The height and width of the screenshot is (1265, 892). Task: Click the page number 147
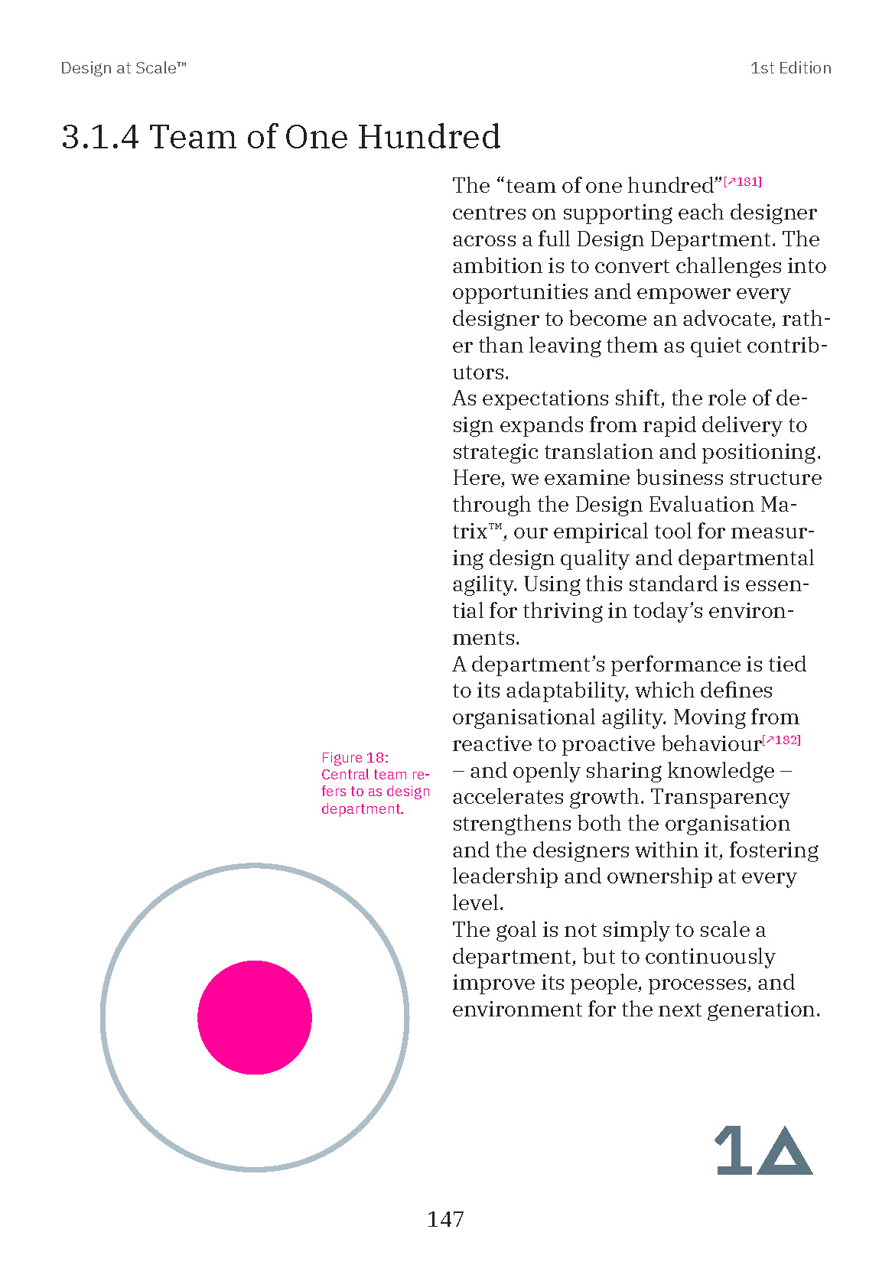(445, 1219)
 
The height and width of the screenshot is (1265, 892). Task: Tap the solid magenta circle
(255, 1017)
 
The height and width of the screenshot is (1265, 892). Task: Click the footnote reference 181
(743, 182)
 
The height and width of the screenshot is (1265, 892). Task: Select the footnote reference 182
(782, 740)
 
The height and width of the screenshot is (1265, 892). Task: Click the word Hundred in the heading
(428, 138)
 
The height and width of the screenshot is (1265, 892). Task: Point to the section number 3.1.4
(100, 138)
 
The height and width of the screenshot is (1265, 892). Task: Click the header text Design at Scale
(122, 68)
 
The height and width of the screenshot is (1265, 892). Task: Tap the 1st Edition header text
(790, 68)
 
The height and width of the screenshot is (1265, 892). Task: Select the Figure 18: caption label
(354, 758)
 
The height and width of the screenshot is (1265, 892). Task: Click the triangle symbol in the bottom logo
(784, 1151)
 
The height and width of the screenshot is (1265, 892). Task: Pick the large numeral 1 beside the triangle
(733, 1150)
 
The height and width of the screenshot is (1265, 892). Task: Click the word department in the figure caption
(361, 809)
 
